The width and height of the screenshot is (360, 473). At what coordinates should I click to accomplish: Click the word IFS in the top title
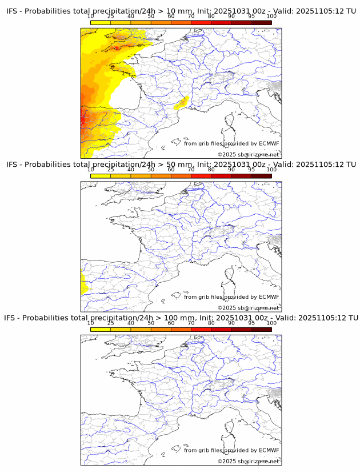(x=14, y=11)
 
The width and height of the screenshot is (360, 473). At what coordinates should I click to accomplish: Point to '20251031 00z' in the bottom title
(x=239, y=318)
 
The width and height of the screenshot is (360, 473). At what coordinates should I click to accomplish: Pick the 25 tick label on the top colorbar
(x=111, y=16)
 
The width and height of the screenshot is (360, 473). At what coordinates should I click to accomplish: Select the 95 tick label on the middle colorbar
(x=251, y=170)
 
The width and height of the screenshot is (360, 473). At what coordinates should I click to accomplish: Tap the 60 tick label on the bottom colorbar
(x=171, y=323)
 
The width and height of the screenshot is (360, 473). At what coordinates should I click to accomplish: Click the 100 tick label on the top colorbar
(x=271, y=16)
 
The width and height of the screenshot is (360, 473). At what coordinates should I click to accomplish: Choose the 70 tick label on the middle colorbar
(x=191, y=170)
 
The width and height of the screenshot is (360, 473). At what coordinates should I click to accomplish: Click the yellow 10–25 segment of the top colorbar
(x=101, y=22)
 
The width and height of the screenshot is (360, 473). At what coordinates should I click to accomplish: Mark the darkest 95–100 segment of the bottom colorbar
(x=261, y=329)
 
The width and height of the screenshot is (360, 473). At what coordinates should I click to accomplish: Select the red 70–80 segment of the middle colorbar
(x=201, y=176)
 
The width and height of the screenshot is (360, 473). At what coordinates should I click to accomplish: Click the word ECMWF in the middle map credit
(x=269, y=296)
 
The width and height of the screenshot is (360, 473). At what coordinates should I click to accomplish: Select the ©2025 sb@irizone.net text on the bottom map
(x=249, y=461)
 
